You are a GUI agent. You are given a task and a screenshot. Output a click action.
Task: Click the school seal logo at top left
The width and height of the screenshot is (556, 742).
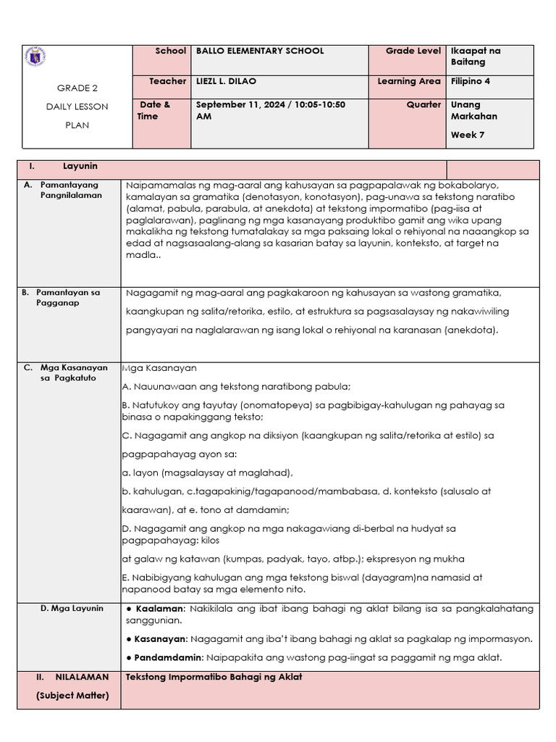35,57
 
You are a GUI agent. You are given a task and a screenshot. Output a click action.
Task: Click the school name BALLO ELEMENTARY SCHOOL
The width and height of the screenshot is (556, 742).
260,51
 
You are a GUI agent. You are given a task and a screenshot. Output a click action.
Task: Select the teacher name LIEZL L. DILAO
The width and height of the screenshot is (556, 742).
227,82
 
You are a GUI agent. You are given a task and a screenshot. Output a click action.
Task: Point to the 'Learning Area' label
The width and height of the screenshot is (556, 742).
409,82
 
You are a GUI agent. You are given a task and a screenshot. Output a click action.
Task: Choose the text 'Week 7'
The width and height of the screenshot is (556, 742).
467,135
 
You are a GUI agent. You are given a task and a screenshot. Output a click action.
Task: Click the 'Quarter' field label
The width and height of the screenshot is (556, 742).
424,104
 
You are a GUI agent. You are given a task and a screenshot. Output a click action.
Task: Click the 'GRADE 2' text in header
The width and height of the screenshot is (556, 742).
77,88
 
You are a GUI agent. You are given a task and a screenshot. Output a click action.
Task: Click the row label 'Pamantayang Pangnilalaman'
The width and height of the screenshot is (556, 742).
70,190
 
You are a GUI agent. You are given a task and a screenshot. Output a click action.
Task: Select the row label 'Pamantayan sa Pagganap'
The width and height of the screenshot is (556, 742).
69,298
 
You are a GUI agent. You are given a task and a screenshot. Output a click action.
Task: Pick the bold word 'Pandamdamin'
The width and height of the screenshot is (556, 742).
169,657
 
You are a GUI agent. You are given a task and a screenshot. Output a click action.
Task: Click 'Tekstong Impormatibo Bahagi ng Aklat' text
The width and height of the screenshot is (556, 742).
214,677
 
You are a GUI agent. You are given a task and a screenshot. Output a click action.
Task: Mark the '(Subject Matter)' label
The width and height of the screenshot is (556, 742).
72,696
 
